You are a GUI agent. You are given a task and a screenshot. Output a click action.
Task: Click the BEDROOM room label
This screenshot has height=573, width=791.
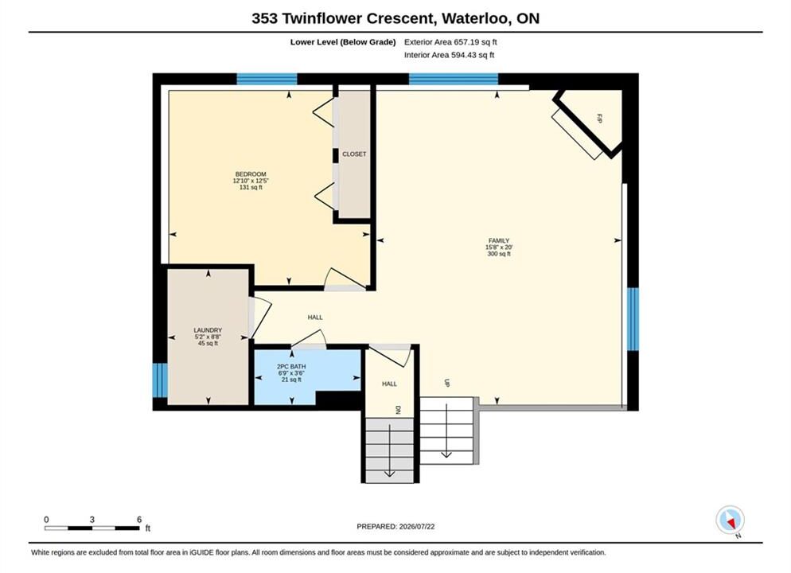click(251, 174)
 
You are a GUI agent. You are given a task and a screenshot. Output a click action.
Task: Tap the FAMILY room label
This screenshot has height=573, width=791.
click(498, 240)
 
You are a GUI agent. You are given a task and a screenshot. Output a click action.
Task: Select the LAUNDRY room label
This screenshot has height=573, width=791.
click(208, 330)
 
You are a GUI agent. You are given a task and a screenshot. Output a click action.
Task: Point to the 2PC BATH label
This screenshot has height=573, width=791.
click(291, 367)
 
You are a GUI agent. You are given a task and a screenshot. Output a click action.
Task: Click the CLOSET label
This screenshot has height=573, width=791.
click(354, 154)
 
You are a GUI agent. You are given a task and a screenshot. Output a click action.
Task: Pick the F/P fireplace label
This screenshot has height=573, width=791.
click(600, 119)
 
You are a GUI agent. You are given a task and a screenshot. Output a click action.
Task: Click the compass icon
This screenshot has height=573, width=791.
click(730, 520)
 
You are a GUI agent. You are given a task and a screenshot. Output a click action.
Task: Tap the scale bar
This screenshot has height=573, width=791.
click(92, 528)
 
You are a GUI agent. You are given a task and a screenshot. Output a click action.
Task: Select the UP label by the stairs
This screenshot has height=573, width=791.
click(447, 383)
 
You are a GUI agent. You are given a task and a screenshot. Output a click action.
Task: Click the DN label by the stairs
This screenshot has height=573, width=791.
click(398, 410)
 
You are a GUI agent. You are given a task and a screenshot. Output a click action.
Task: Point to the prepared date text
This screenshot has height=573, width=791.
click(395, 526)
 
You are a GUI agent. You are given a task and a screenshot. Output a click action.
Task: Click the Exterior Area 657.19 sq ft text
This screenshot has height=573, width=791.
click(450, 42)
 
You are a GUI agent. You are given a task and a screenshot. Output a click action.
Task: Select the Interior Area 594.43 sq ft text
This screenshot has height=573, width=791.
click(449, 55)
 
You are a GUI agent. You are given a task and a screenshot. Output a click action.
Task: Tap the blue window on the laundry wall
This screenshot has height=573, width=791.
click(160, 380)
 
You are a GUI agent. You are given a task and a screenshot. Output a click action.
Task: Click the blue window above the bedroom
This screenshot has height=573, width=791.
click(267, 80)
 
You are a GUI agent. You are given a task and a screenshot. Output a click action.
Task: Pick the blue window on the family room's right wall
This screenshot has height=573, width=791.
click(633, 319)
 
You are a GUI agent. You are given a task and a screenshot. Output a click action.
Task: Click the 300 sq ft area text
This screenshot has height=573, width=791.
click(499, 254)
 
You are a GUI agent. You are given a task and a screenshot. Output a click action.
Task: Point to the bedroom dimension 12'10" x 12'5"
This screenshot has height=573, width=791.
click(251, 181)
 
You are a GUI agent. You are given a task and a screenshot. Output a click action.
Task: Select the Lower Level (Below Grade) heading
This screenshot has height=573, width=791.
click(343, 42)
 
